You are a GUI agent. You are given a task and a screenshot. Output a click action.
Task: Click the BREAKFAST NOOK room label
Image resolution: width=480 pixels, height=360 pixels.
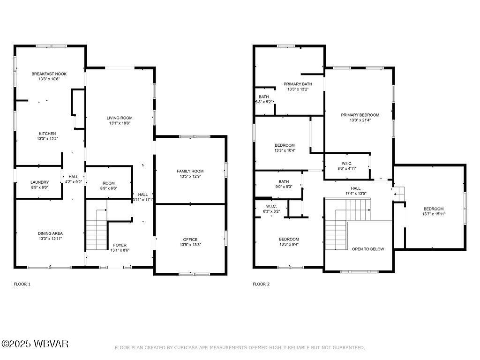(x=45, y=74)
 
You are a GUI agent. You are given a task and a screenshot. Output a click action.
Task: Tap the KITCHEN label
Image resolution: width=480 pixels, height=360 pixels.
(x=47, y=133)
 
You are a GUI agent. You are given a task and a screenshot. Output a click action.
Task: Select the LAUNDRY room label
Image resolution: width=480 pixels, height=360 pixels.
(x=39, y=182)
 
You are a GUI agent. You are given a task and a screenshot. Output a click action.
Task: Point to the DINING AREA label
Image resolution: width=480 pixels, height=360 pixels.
(x=50, y=233)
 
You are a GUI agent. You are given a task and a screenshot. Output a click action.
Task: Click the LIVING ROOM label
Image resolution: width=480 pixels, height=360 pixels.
(x=120, y=118)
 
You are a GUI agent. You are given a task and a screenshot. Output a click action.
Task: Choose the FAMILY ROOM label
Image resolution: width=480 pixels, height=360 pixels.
(x=190, y=171)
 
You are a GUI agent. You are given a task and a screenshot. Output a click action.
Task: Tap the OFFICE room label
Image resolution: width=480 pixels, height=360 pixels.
(x=190, y=239)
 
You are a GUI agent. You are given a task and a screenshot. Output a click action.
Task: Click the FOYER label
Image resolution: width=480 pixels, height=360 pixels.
(x=120, y=245)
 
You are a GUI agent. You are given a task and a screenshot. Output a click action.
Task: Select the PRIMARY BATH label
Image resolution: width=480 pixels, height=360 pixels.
(x=298, y=84)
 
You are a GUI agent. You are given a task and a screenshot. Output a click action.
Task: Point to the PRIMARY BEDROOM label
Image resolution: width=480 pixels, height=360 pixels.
(x=360, y=115)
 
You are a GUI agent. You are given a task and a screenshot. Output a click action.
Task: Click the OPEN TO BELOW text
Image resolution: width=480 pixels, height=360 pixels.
(x=368, y=249)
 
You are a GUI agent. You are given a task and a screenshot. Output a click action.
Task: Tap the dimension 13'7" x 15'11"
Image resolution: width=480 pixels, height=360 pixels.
(x=433, y=214)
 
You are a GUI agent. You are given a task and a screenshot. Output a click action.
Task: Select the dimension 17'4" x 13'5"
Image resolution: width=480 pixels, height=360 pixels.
(x=356, y=193)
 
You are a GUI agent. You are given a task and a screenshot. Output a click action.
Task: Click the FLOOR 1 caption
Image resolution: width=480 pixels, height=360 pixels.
(x=22, y=284)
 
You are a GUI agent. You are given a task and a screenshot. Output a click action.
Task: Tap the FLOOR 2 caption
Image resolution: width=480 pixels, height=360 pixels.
(x=261, y=284)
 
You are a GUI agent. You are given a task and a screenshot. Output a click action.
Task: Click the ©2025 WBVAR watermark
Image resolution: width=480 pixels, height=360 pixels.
(x=35, y=344)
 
